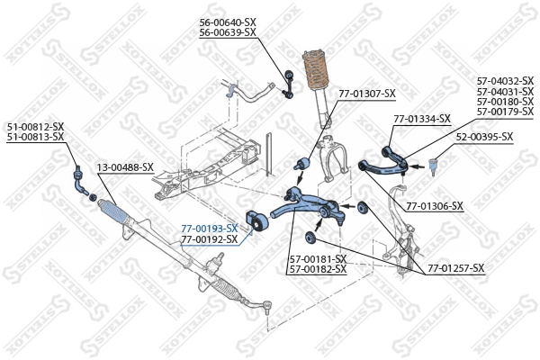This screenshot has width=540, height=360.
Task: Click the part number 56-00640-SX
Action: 228,22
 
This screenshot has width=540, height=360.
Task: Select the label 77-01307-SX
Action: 366,94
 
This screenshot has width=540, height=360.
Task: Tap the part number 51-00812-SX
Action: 35,126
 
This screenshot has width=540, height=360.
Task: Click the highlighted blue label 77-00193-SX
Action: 209,229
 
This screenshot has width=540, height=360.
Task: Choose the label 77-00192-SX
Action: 209,239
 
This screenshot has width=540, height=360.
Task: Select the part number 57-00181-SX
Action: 317,258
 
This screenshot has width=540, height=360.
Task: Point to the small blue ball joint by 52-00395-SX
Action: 432,165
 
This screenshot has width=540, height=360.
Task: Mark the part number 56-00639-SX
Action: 228,32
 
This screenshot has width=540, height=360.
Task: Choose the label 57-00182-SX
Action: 317,268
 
